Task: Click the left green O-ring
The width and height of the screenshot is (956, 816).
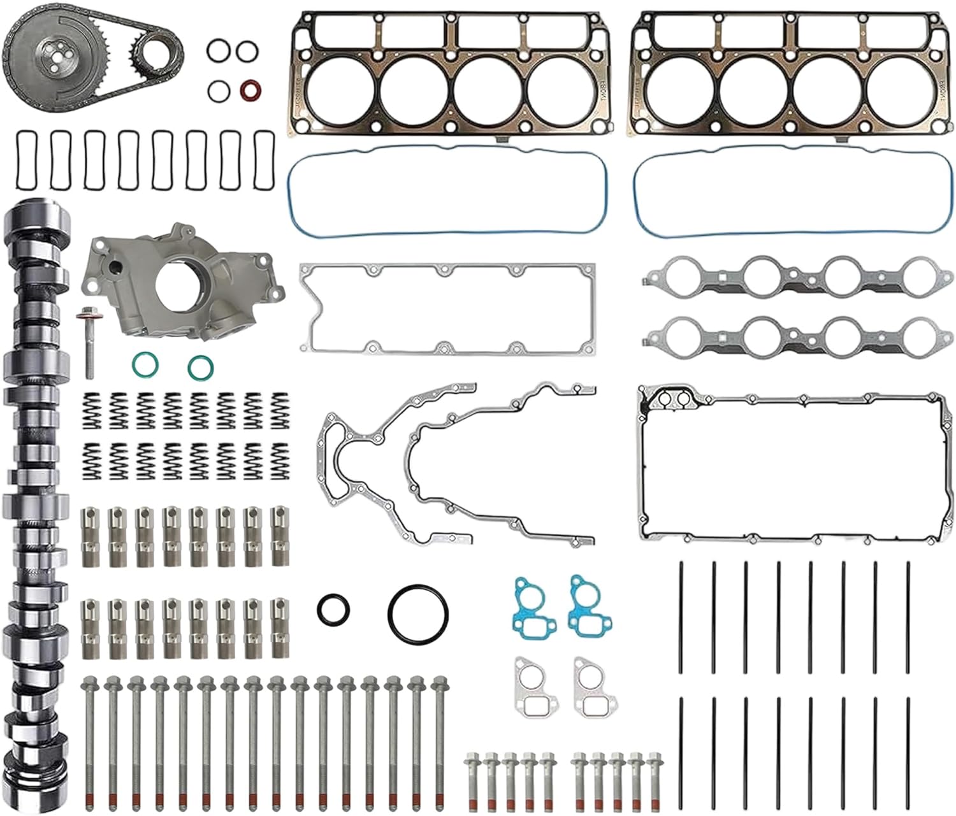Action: pyautogui.click(x=145, y=365)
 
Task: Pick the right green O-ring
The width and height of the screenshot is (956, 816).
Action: pyautogui.click(x=200, y=368)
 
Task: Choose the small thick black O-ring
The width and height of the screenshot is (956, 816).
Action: pyautogui.click(x=333, y=609)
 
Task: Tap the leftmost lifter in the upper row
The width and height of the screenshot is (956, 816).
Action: pyautogui.click(x=89, y=536)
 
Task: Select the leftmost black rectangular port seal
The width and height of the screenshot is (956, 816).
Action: pyautogui.click(x=25, y=160)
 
